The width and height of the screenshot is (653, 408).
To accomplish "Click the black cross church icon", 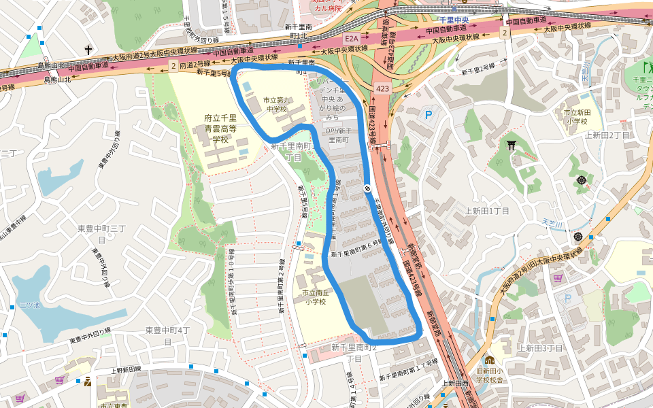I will [88, 50].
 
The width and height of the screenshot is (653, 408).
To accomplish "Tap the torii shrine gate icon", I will [511, 144].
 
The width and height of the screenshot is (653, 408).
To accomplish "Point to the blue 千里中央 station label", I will [453, 20].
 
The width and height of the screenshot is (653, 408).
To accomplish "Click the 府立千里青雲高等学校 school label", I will [220, 129].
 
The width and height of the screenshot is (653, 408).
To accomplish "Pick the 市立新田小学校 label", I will [575, 116].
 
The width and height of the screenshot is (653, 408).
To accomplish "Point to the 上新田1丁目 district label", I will [487, 211].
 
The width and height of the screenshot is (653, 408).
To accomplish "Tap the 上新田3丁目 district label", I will [541, 348].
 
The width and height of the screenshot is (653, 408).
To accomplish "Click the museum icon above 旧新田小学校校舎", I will [489, 360].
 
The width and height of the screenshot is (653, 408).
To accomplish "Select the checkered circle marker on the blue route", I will [367, 189].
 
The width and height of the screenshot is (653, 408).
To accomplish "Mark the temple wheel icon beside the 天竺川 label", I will [577, 236].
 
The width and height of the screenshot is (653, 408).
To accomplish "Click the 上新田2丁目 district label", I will [607, 135].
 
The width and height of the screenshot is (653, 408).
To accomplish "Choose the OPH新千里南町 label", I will [337, 135].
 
